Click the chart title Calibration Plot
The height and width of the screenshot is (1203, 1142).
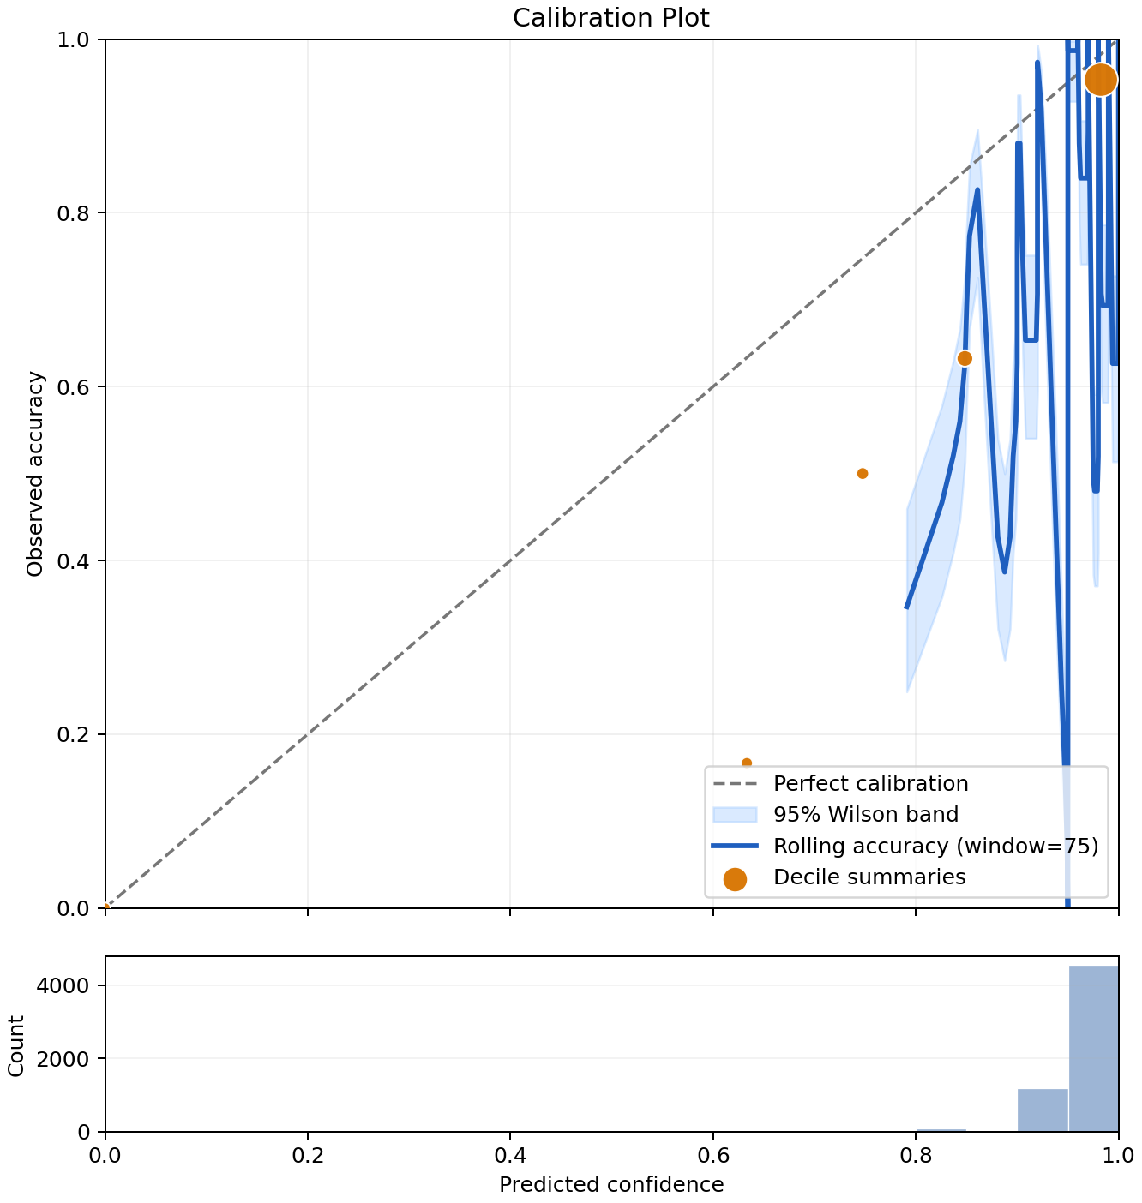coord(610,18)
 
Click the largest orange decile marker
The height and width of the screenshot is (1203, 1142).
coord(1100,80)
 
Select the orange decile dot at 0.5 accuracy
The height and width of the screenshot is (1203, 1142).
coord(863,473)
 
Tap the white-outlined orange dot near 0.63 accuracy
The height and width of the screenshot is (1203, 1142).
coord(965,358)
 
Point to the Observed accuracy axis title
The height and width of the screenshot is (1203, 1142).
coord(35,474)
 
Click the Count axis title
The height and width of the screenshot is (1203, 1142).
coord(15,1045)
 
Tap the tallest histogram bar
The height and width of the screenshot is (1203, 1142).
coord(1093,1048)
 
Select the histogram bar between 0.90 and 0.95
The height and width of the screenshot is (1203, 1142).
coord(1043,1110)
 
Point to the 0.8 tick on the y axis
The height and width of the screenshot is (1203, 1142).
coord(73,213)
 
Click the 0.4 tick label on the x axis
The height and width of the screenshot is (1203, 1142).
coord(510,1155)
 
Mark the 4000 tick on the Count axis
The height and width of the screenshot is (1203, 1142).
coord(63,985)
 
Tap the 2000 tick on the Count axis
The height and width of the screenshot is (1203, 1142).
coord(63,1058)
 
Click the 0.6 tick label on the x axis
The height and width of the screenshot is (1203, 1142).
coord(712,1155)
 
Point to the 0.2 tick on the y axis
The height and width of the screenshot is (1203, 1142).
coord(73,734)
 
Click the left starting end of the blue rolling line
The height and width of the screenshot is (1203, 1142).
coord(906,607)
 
